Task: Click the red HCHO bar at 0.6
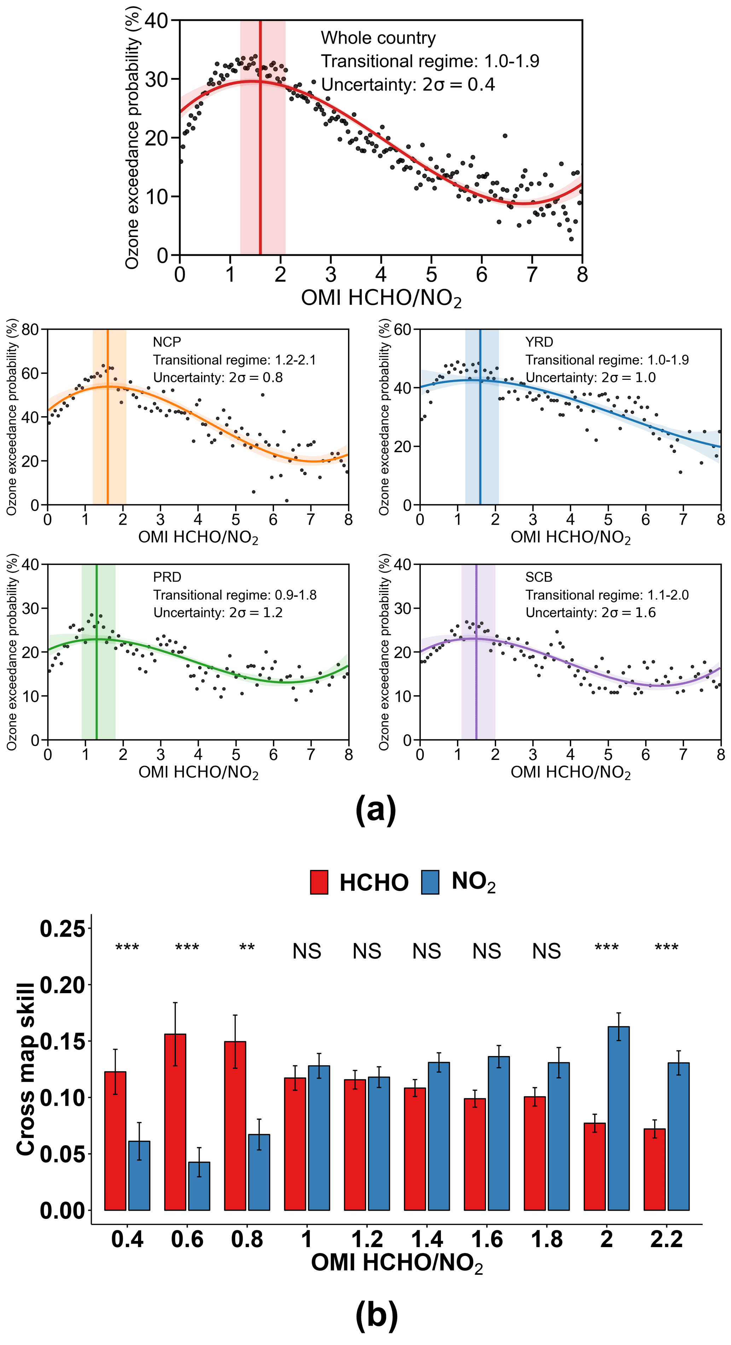[175, 1122]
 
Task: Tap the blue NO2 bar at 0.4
[139, 1175]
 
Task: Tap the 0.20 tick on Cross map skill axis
[62, 985]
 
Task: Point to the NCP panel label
[167, 342]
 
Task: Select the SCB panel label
[539, 577]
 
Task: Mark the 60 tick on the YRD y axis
[402, 330]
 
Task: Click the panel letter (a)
[376, 810]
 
